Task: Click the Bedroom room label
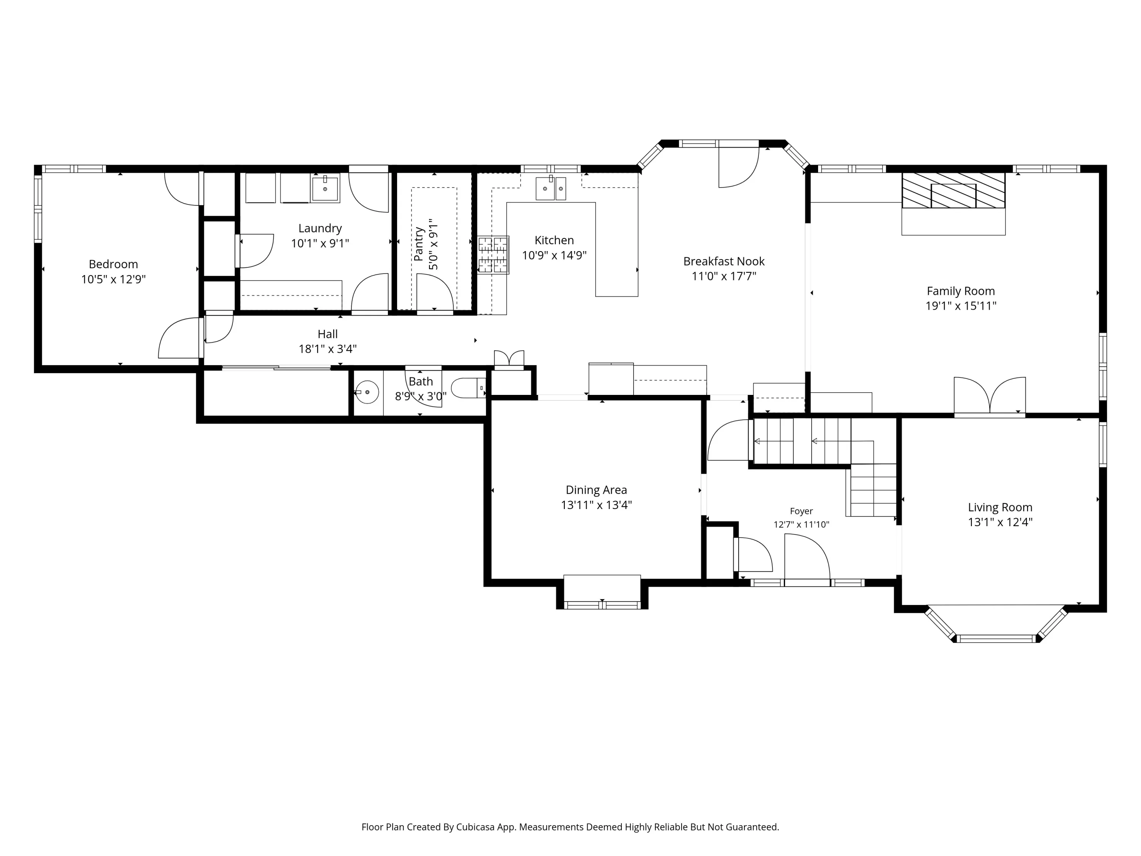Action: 113,264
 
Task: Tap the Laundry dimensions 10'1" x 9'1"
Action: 320,243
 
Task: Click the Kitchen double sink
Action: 551,188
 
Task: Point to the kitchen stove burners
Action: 493,255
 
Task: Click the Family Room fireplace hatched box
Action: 953,190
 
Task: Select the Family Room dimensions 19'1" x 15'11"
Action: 960,305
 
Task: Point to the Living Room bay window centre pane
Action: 996,638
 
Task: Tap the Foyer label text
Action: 801,511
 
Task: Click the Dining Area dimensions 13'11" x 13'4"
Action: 596,504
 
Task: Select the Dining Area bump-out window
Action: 602,605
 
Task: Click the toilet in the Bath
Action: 468,388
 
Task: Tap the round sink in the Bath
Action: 367,392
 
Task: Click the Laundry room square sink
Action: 325,188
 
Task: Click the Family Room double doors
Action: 989,396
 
